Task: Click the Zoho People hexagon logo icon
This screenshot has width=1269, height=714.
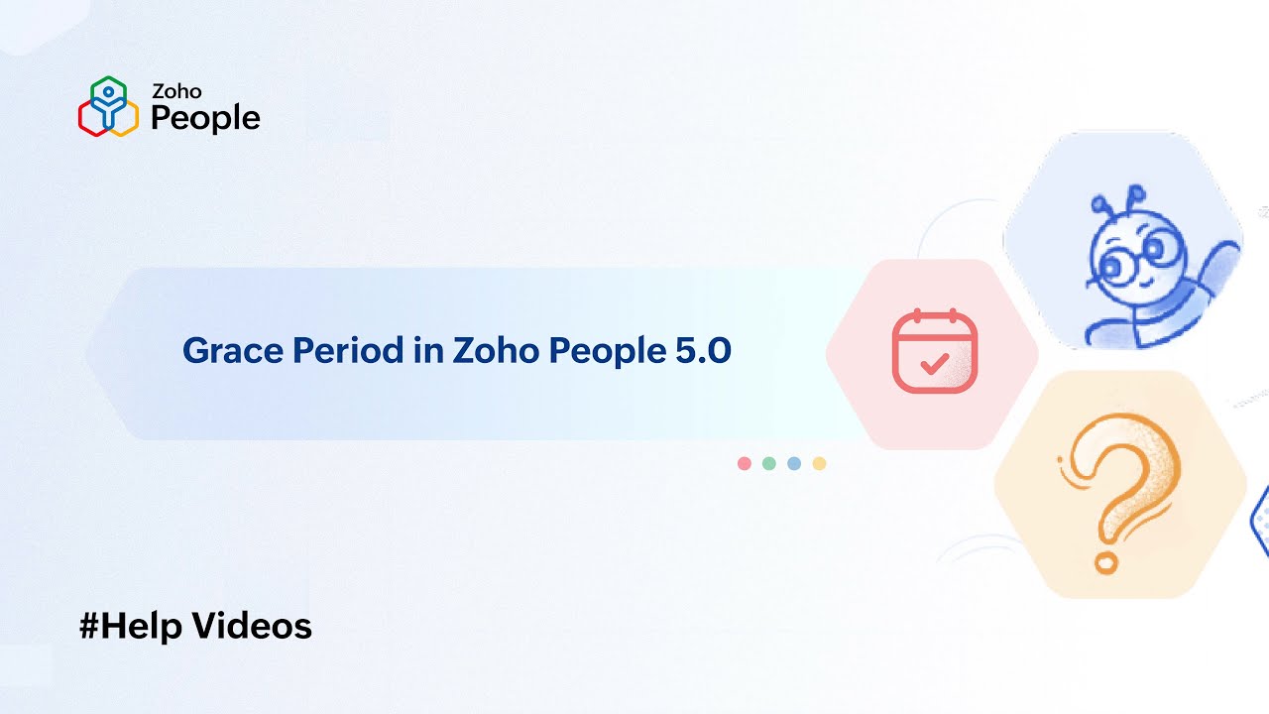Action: [108, 106]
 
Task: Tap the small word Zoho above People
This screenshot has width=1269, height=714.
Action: [176, 91]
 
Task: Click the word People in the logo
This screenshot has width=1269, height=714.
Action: [205, 118]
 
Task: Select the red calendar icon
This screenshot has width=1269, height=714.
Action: [934, 352]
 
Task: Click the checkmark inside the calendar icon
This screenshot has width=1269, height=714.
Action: [934, 362]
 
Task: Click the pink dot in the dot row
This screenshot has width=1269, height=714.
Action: [745, 463]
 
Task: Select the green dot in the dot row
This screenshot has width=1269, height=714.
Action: [769, 463]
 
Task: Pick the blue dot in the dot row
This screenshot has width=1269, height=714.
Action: [794, 463]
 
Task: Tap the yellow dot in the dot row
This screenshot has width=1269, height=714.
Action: [819, 463]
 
